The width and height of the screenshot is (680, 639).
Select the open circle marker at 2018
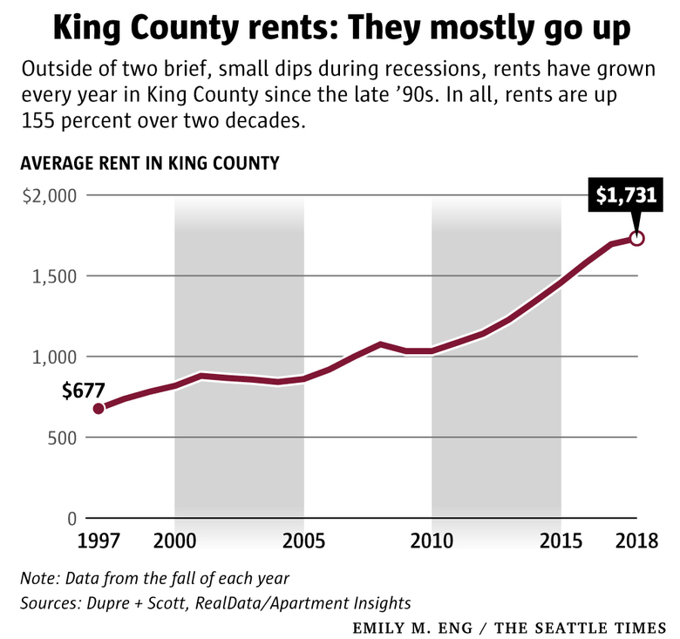(x=637, y=238)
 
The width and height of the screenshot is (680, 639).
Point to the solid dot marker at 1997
(x=99, y=408)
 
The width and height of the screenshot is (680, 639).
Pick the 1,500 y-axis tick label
(x=56, y=276)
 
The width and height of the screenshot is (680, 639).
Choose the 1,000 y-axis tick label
(x=56, y=357)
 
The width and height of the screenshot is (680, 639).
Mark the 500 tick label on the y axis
(x=61, y=438)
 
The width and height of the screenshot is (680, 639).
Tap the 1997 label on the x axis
(x=99, y=541)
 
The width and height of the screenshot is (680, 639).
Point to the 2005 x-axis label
(x=303, y=541)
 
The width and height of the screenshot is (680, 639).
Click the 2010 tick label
(x=432, y=541)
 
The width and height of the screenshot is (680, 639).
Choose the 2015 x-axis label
(x=561, y=541)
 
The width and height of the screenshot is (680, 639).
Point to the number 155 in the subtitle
(x=36, y=121)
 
